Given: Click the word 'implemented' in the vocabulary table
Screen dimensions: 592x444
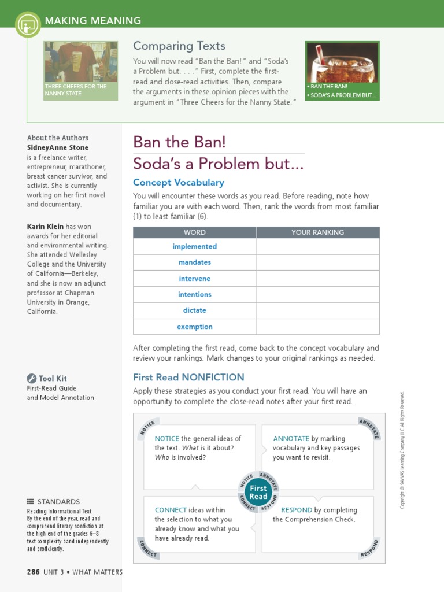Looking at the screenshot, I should tap(194, 246).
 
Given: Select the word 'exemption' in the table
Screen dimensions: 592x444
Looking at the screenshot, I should tap(194, 327).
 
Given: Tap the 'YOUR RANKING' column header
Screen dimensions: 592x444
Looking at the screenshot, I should tap(317, 232).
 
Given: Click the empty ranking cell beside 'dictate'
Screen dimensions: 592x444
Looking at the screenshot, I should tap(317, 310).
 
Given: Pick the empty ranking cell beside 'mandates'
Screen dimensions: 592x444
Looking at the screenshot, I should tap(317, 262).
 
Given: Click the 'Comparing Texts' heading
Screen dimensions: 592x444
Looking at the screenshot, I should tap(179, 46).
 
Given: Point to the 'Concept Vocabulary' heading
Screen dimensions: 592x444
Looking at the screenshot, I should tap(179, 182).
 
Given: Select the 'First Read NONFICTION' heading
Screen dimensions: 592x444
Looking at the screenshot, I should tap(188, 377).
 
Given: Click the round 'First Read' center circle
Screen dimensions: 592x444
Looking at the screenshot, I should tap(258, 492).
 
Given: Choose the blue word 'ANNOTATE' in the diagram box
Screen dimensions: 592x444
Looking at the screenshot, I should tap(291, 439).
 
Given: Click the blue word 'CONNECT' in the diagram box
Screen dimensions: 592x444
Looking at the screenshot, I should tap(171, 510).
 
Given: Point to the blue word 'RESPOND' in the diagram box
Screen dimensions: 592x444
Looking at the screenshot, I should tap(296, 510).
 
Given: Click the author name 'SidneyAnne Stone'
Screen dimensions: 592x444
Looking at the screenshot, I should tap(58, 147).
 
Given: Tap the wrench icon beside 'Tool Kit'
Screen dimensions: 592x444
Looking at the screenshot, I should tap(31, 379).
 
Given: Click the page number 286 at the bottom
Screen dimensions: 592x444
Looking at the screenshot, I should tap(33, 572).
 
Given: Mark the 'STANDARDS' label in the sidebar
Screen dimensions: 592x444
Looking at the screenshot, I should tap(58, 501).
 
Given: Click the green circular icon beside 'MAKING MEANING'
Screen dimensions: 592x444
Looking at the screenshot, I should tap(28, 24).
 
